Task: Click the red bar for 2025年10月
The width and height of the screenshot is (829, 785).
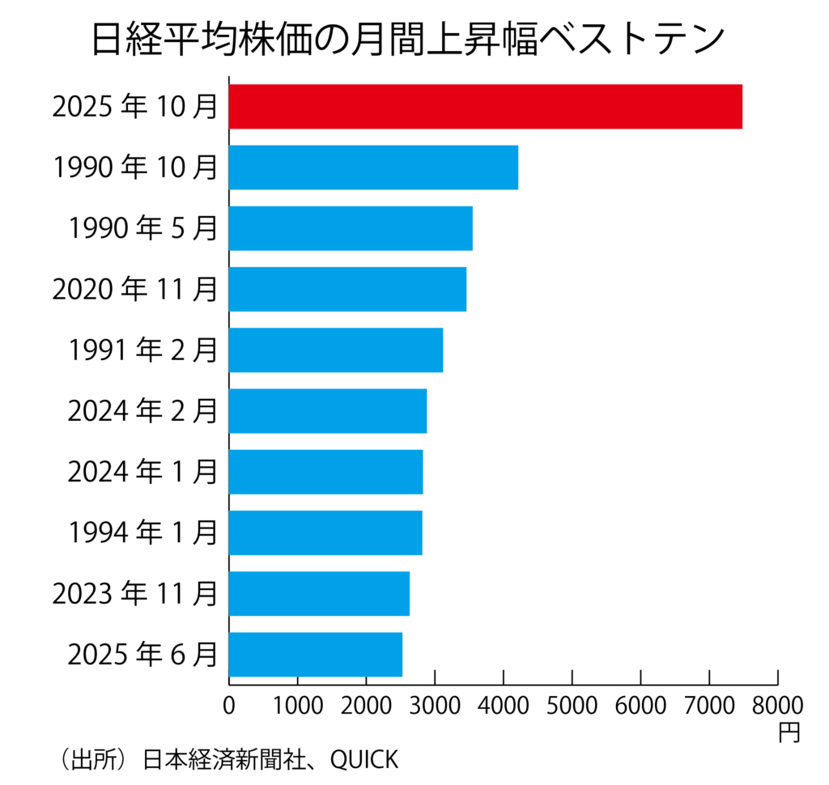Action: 485,106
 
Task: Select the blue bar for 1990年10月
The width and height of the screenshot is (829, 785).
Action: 373,167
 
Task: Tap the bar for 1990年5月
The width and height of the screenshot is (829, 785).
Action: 351,228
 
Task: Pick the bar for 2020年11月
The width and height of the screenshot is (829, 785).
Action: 347,289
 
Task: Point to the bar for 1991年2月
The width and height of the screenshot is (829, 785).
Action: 336,350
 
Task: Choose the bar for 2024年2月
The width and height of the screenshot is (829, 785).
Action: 328,410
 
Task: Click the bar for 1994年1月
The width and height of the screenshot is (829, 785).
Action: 325,533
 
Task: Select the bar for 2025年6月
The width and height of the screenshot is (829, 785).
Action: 316,654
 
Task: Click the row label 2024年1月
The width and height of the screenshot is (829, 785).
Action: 142,472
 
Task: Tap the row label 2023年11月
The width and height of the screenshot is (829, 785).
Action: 134,593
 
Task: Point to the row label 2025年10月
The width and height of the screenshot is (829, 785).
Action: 134,106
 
